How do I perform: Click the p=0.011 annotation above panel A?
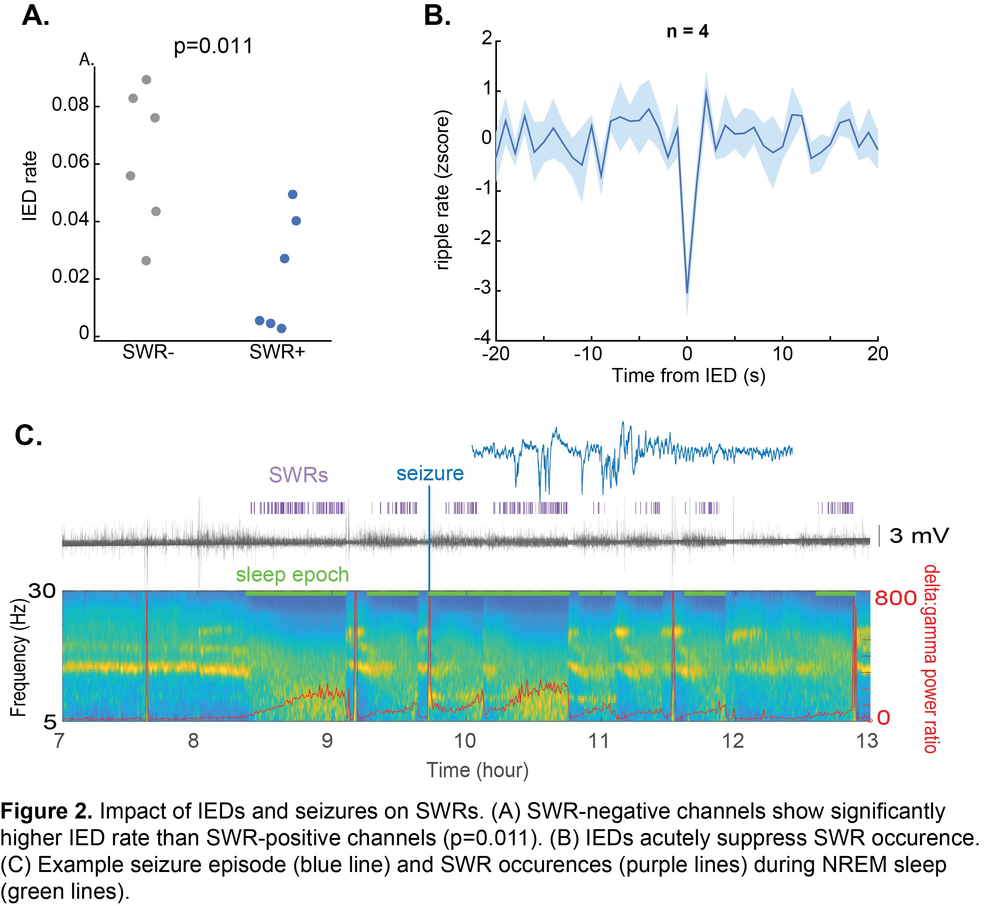(x=213, y=46)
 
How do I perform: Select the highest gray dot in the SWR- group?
(x=146, y=79)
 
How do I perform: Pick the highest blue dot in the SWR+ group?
(x=293, y=194)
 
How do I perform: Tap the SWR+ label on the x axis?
(x=277, y=352)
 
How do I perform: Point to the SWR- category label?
(x=148, y=352)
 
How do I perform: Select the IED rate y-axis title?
(x=30, y=186)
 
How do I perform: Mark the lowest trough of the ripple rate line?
(x=687, y=293)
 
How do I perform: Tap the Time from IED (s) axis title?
(x=688, y=376)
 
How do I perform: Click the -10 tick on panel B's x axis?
(x=588, y=353)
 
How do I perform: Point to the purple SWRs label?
(x=298, y=475)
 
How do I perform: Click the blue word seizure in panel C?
(x=430, y=473)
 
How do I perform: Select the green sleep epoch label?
(x=292, y=575)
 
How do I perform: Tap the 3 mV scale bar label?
(x=919, y=535)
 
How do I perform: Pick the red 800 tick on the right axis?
(x=895, y=598)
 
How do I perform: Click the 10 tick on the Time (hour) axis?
(x=465, y=741)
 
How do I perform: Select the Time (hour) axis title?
(x=477, y=770)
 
